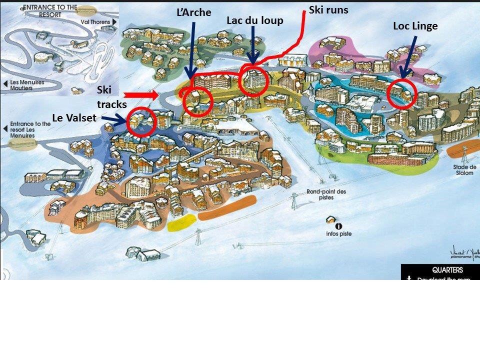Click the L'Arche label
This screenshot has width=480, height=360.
(x=194, y=12)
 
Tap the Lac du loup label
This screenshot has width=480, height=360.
(x=254, y=20)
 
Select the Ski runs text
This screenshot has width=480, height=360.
(x=328, y=9)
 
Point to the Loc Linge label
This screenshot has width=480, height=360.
(x=415, y=26)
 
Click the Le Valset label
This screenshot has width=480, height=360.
(x=74, y=117)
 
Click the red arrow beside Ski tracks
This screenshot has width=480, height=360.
(x=141, y=94)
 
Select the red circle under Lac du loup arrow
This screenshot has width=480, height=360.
(x=253, y=80)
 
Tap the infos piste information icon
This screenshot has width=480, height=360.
(x=339, y=226)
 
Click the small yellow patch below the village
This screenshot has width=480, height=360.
(x=181, y=223)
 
